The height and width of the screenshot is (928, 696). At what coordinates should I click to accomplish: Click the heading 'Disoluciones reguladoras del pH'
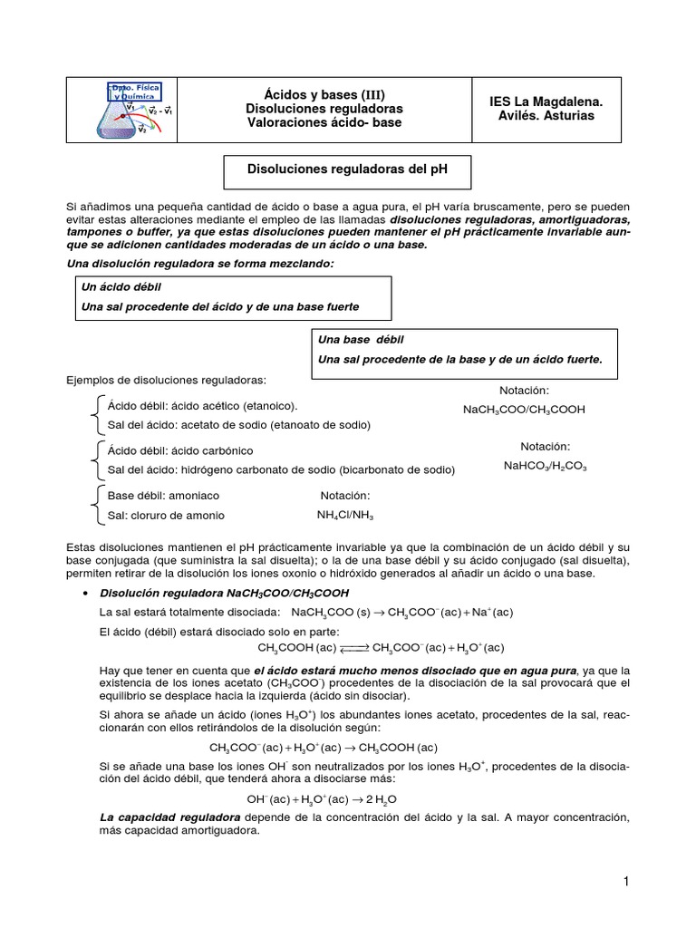[348, 169]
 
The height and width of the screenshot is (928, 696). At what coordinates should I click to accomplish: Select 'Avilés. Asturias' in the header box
[546, 116]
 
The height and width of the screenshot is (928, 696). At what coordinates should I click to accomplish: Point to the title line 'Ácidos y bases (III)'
[324, 93]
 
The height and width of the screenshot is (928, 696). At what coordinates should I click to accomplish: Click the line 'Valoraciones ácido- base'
[324, 123]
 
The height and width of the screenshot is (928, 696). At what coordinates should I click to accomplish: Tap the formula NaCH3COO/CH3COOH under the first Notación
[524, 410]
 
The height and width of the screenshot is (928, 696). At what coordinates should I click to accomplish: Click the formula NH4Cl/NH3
[344, 516]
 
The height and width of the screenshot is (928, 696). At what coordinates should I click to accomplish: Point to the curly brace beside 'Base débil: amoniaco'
[97, 506]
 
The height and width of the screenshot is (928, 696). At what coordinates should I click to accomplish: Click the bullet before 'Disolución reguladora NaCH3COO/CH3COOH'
[84, 593]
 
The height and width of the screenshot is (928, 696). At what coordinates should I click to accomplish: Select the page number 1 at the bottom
[625, 882]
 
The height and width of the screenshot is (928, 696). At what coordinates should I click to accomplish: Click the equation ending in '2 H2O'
[322, 799]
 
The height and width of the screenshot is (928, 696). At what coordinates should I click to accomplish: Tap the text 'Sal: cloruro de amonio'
[166, 516]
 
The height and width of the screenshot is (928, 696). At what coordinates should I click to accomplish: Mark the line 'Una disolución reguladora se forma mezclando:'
[200, 263]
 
